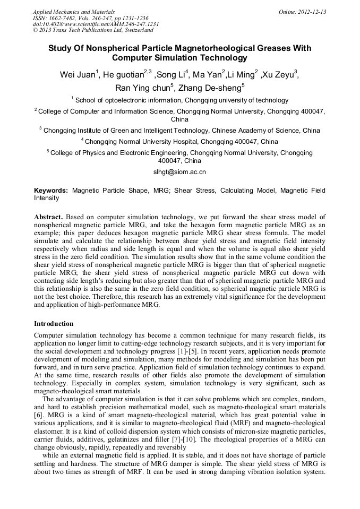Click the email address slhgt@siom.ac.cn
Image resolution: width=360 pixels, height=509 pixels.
[x=179, y=172]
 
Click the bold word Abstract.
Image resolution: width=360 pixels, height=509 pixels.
[x=48, y=217]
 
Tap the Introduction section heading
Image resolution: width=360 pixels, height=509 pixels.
[x=54, y=323]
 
